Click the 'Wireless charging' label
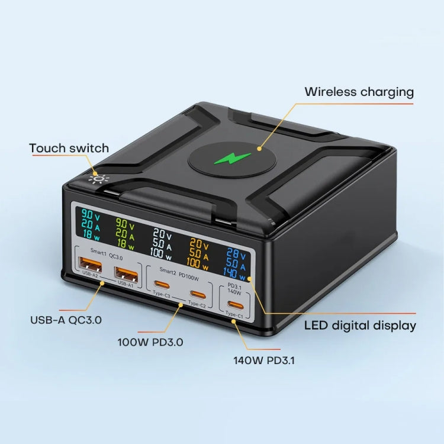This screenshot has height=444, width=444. pyautogui.click(x=359, y=92)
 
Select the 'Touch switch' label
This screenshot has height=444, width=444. pyautogui.click(x=69, y=148)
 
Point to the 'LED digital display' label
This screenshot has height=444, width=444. pyautogui.click(x=360, y=325)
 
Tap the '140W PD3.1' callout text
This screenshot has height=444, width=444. pyautogui.click(x=264, y=359)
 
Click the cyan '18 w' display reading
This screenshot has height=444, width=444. pyautogui.click(x=91, y=234)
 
